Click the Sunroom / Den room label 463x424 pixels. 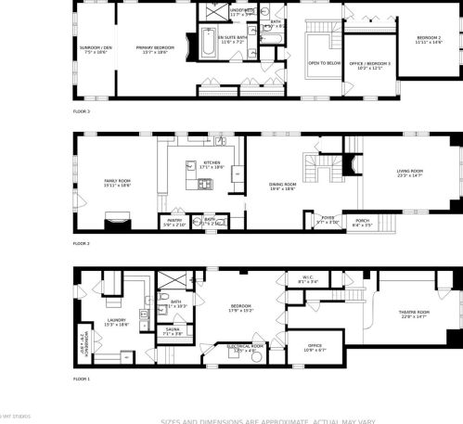95,46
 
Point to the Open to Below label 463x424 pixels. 324,63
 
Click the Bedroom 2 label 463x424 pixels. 428,37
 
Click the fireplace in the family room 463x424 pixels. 116,220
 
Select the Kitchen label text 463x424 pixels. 212,162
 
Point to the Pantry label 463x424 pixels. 174,221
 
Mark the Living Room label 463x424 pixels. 409,171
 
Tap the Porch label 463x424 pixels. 362,221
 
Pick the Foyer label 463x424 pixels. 328,219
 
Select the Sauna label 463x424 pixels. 173,328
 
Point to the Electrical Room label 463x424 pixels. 245,346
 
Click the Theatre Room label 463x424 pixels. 415,312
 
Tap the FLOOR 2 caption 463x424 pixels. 81,243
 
